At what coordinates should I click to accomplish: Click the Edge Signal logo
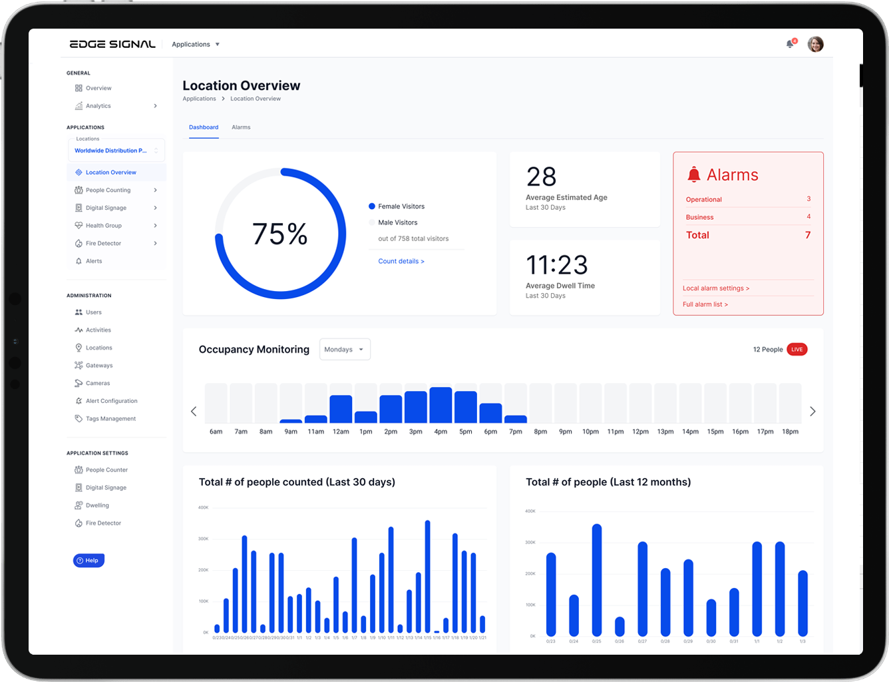coord(112,44)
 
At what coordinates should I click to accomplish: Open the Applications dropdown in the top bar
coord(195,45)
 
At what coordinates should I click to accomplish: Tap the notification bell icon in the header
coord(790,44)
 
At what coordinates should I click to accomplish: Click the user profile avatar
coord(815,44)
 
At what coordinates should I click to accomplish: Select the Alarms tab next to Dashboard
coord(241,127)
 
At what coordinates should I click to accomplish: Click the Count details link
coord(401,261)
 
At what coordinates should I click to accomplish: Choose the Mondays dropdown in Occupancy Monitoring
coord(345,350)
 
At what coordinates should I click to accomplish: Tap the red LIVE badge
coord(797,350)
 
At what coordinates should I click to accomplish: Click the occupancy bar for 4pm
coord(441,405)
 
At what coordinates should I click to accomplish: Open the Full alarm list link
coord(705,304)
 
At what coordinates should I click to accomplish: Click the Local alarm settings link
coord(715,288)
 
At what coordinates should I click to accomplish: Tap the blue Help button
coord(89,561)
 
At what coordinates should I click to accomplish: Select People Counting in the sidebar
coord(108,190)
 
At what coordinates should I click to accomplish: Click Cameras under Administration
coord(98,384)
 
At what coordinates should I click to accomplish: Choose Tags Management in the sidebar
coord(110,419)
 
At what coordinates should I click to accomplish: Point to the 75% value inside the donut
coord(279,234)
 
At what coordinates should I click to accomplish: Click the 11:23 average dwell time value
coord(556,265)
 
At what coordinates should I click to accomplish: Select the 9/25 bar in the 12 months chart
coord(596,579)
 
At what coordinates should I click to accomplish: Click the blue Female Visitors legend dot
coord(372,206)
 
